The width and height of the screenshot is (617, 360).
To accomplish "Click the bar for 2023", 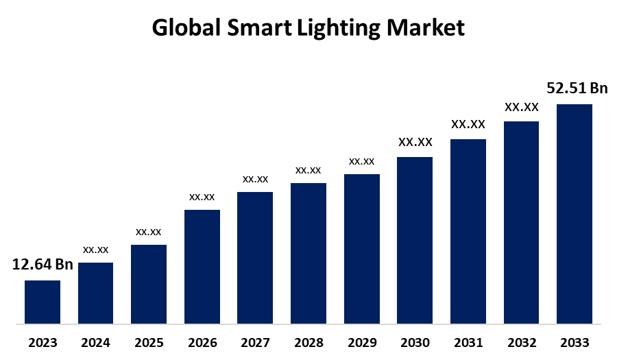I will (43, 302).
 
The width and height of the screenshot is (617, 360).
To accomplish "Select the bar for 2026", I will (202, 266).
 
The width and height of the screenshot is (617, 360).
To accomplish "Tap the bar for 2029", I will (361, 248).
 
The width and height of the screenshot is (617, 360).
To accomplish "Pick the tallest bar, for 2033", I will (574, 213).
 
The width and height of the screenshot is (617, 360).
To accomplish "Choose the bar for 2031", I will (468, 231).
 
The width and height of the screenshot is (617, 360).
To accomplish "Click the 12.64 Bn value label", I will (43, 265).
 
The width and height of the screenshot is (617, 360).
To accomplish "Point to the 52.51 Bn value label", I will (577, 88).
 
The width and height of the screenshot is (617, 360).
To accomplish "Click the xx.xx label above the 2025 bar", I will (149, 231).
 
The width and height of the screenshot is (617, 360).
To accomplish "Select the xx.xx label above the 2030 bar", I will (415, 142).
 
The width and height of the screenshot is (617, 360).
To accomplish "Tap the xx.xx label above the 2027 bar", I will (255, 179).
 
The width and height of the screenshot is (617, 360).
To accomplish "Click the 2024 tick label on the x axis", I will (96, 342).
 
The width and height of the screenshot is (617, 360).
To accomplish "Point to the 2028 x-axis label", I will (308, 342).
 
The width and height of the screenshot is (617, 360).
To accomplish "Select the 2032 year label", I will (521, 342).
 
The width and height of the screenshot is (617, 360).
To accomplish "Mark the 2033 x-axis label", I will (574, 342).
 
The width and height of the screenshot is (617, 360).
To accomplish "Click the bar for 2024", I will (96, 293).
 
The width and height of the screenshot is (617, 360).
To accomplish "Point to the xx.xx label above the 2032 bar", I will (521, 107).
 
